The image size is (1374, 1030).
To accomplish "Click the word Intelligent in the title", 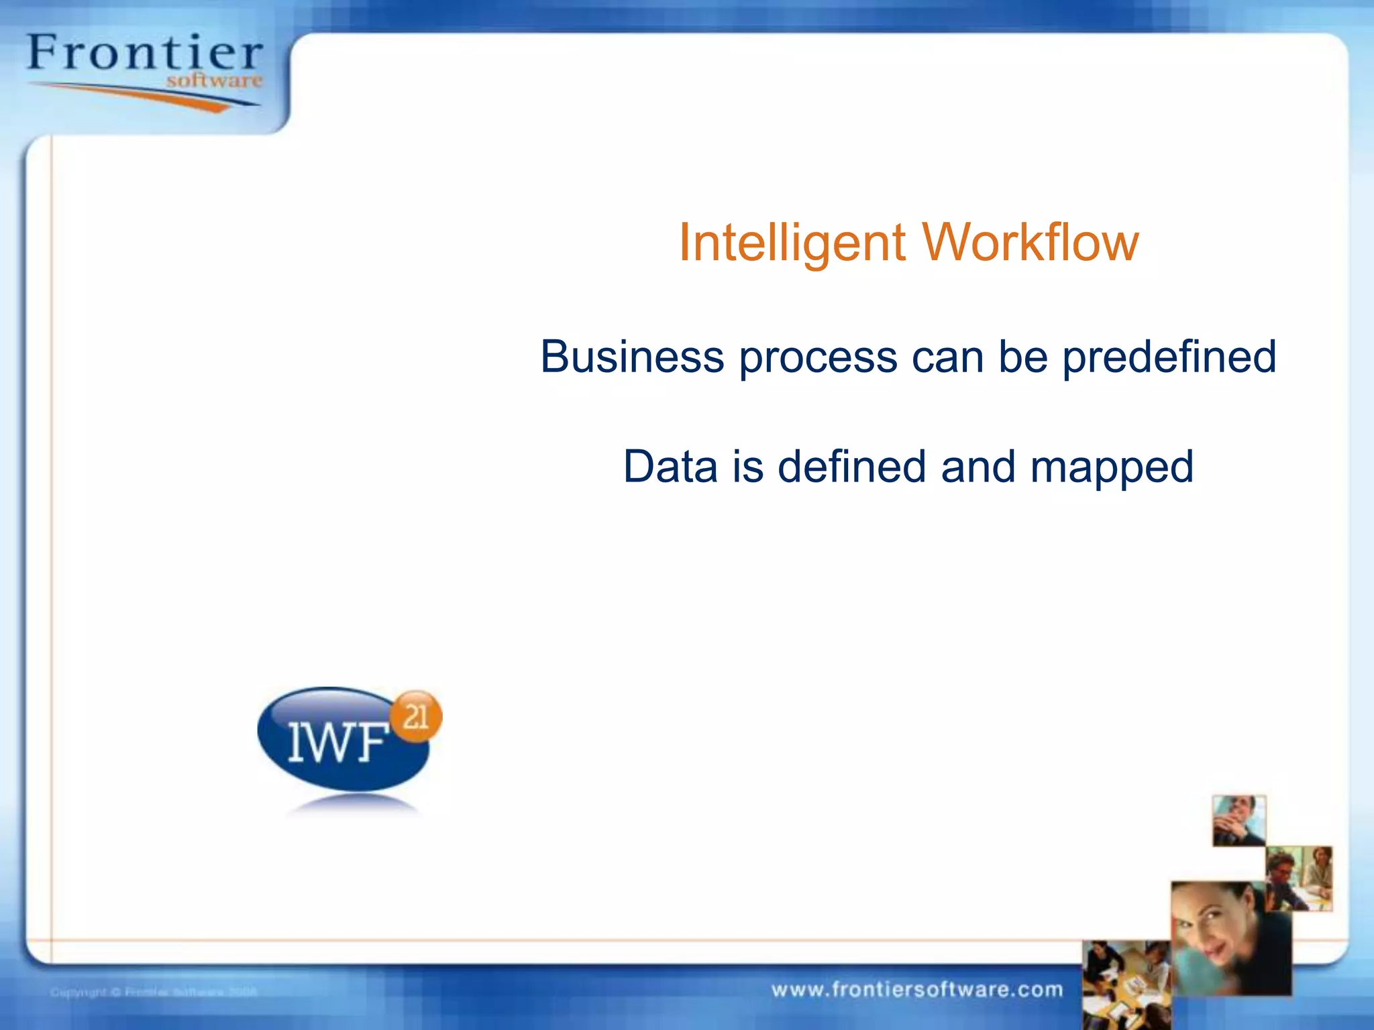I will point(792,243).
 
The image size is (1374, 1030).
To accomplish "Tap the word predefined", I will point(1169,357).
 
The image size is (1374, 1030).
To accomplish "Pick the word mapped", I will point(1112,468).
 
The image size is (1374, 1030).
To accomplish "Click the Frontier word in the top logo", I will point(144,54).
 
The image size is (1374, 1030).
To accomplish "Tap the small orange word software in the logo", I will point(214,81).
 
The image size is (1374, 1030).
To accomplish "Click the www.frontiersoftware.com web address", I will point(916,989).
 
